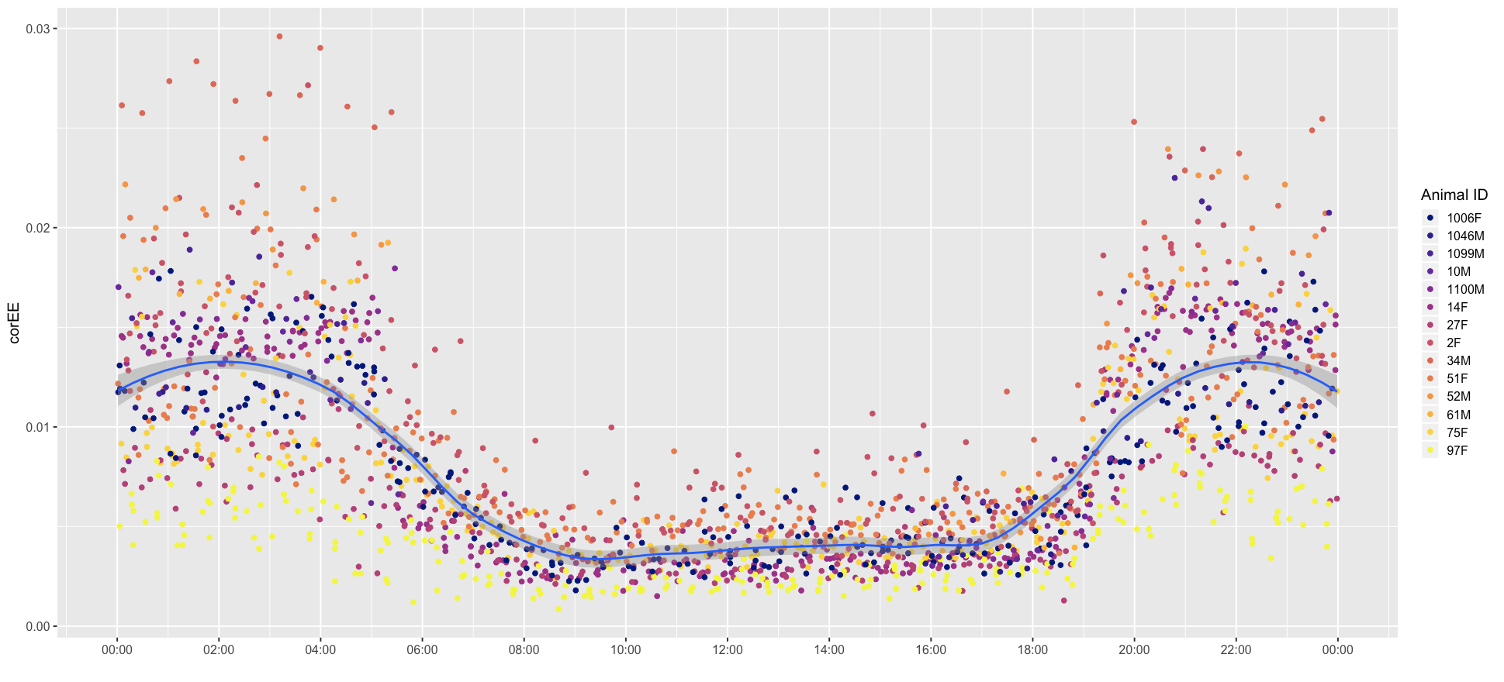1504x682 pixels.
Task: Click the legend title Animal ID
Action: coord(1454,195)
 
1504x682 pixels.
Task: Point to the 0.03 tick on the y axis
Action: coord(37,29)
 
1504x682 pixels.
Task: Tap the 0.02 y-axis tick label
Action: coord(37,228)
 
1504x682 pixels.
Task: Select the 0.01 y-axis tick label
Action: coord(37,427)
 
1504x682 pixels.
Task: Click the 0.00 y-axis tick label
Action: coord(37,626)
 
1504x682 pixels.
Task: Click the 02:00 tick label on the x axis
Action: coord(219,649)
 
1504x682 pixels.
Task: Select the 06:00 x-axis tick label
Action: coord(422,649)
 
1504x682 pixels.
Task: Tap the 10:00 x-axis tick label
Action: coord(625,649)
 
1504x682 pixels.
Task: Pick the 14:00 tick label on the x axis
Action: coord(829,649)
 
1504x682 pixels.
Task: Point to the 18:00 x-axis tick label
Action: coord(1032,649)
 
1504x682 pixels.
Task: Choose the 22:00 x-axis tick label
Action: coord(1236,649)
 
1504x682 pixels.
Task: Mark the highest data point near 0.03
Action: coord(279,36)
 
